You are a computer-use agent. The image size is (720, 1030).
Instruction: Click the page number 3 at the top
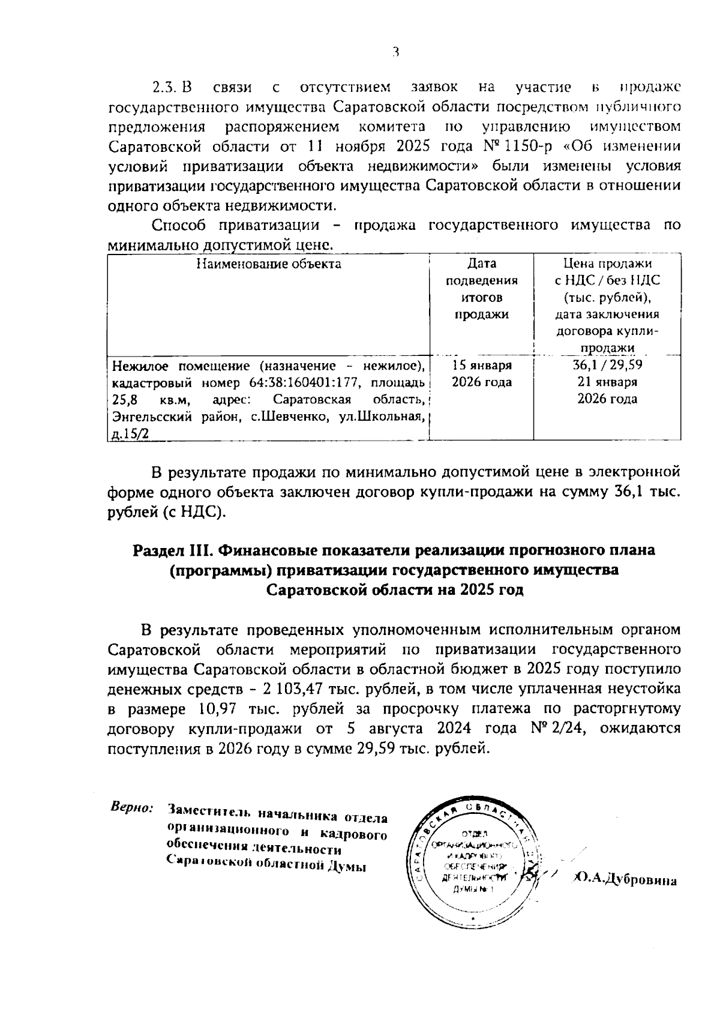click(395, 53)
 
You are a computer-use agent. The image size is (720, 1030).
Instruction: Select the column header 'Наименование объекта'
click(269, 264)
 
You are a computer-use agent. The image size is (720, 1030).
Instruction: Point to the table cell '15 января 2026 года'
click(482, 374)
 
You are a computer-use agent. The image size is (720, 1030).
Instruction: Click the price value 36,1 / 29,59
click(607, 366)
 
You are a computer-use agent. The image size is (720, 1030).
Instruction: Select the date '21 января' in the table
click(607, 382)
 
